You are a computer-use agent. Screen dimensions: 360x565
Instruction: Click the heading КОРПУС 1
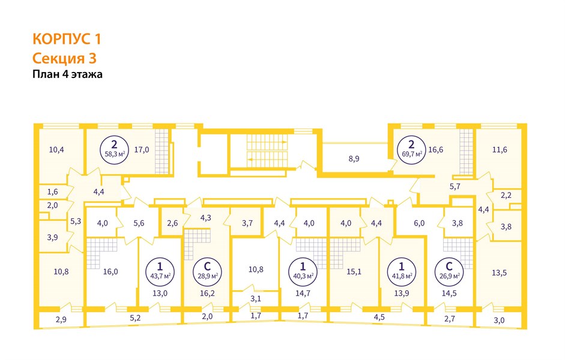(x=66, y=40)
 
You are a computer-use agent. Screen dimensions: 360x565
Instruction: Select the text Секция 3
(x=64, y=58)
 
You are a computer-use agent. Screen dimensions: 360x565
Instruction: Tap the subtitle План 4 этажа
(x=67, y=75)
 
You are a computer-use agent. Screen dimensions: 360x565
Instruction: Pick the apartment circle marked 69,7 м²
(x=411, y=148)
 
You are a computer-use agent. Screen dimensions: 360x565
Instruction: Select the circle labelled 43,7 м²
(x=160, y=270)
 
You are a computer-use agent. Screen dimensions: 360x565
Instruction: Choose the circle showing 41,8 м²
(x=401, y=270)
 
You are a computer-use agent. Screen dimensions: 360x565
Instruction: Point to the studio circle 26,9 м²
(x=449, y=270)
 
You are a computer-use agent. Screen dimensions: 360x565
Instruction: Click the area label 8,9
(x=354, y=159)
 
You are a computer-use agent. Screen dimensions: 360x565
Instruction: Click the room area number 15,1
(x=354, y=270)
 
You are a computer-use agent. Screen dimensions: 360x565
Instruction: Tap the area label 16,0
(x=110, y=271)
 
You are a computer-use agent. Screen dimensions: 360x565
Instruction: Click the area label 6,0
(x=418, y=223)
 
